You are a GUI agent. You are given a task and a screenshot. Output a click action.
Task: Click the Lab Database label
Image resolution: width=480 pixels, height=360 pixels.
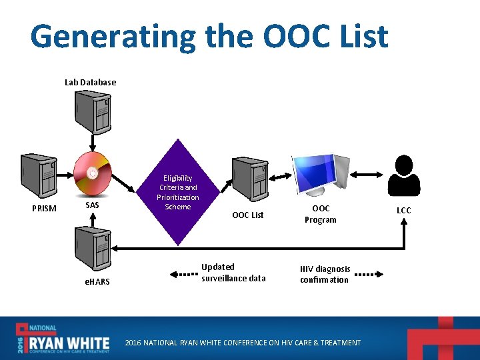click(x=90, y=83)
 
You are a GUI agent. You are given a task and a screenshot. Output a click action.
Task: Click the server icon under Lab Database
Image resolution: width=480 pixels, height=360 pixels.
click(x=93, y=112)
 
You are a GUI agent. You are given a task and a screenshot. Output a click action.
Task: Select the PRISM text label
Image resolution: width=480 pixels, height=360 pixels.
click(x=45, y=209)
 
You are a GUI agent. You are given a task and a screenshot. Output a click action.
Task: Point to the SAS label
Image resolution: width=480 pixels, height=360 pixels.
click(x=93, y=205)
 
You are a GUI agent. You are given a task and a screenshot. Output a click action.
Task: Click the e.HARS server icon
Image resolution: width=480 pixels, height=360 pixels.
click(x=93, y=246)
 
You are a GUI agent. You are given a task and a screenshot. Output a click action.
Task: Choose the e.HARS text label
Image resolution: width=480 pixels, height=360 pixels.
click(x=97, y=282)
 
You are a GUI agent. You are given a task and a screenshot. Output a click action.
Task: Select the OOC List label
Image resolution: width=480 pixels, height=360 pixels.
click(x=248, y=215)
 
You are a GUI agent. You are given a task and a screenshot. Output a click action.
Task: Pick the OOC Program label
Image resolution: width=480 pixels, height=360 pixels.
click(x=320, y=214)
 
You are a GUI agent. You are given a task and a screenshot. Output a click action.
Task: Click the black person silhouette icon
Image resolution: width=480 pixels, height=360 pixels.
click(x=404, y=176)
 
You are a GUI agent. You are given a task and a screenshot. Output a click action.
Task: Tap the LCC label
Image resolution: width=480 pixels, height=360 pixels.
click(x=404, y=210)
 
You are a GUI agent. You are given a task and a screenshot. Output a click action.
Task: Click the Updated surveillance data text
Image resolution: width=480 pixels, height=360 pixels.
click(x=233, y=273)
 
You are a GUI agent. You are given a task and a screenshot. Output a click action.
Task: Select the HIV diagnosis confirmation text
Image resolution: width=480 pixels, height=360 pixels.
click(x=325, y=274)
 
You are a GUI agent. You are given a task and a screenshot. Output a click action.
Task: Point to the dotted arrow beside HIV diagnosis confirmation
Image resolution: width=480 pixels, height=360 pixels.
click(x=369, y=274)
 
